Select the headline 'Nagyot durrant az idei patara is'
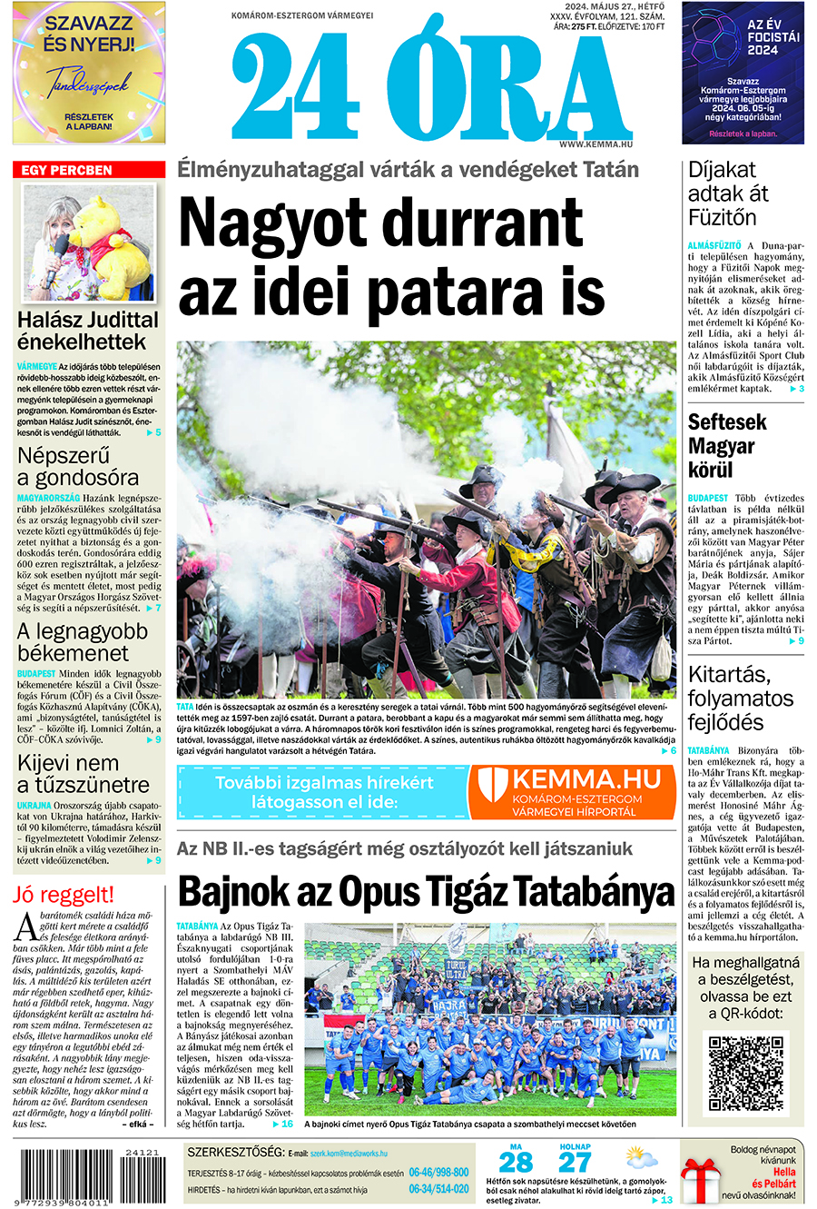coord(391,258)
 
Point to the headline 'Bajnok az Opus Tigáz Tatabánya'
coord(426,893)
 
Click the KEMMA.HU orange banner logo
coord(574,791)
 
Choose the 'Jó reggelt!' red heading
coord(64,895)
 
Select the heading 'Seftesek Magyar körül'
coord(727,446)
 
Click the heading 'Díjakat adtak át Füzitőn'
coord(728,193)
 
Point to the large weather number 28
coord(516,1163)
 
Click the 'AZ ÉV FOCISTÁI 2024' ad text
coord(773,37)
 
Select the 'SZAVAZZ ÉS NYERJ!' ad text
coord(89,35)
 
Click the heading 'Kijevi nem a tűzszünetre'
coord(83,774)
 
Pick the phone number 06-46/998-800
coord(438,1173)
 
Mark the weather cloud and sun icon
coord(641,1160)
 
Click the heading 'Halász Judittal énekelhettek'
coord(88,331)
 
